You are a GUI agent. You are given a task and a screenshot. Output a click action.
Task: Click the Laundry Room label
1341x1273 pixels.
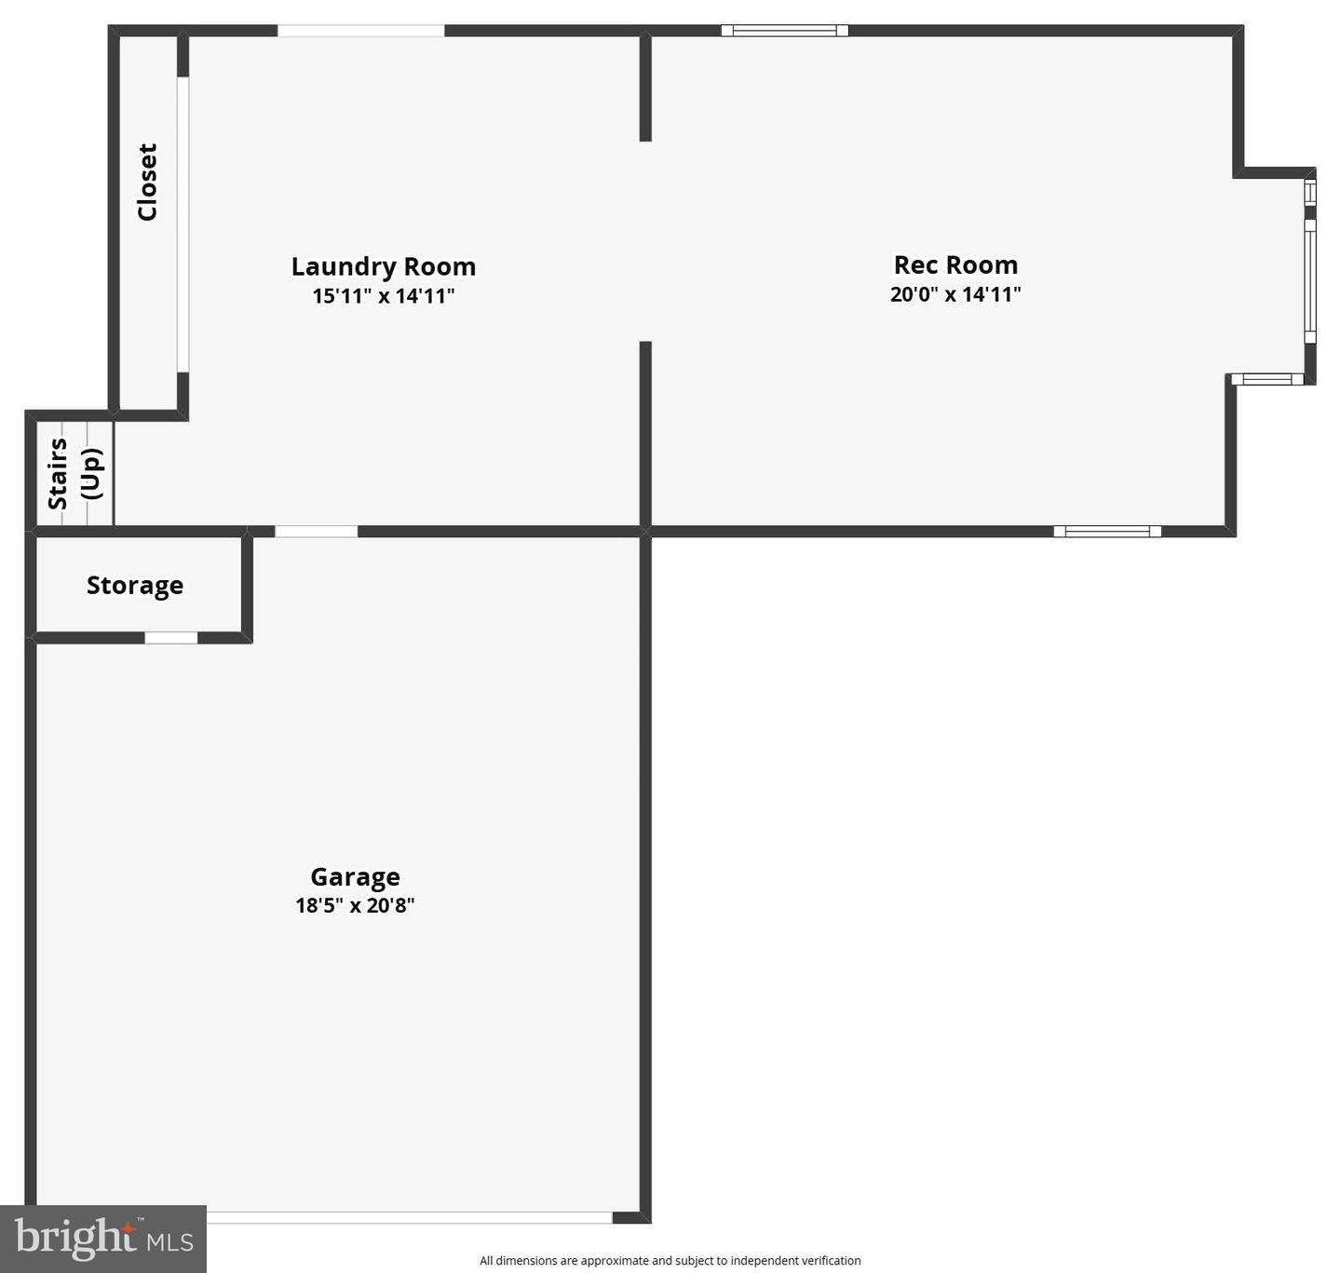point(383,266)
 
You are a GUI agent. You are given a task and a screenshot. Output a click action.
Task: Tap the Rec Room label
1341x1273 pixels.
point(955,264)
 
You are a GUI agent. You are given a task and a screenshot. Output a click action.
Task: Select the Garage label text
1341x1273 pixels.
point(355,876)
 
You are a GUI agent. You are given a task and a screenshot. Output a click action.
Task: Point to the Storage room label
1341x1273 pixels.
point(135,585)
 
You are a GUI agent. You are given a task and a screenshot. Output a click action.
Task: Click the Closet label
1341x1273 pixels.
point(147,182)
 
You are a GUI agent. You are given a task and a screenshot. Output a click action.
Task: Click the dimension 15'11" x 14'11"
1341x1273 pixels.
point(383,296)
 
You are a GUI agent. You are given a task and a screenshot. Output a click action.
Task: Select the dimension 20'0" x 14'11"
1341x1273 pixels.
point(955,294)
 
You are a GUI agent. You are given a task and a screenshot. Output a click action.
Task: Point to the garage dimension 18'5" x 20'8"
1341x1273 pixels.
point(355,905)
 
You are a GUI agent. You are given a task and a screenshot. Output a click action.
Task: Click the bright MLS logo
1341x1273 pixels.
point(103,1239)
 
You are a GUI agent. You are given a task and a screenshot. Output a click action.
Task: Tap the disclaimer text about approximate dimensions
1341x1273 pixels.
point(670,1261)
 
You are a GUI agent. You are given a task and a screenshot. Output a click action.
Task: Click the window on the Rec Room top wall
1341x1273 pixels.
point(784,31)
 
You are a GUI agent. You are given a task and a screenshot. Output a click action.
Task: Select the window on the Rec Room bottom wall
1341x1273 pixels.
point(1107,532)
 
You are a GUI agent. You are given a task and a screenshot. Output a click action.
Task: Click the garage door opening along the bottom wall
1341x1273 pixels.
point(409,1217)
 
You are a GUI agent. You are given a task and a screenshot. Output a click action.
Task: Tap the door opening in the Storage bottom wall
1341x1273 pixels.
point(170,638)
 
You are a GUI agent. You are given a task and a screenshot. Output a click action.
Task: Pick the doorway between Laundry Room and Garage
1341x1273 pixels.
point(316,532)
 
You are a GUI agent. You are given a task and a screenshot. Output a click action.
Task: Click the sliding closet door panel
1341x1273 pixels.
point(183,224)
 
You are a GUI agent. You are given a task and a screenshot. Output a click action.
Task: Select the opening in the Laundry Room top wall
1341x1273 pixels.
point(360,31)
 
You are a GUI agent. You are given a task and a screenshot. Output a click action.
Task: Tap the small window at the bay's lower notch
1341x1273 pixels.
point(1267,379)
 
